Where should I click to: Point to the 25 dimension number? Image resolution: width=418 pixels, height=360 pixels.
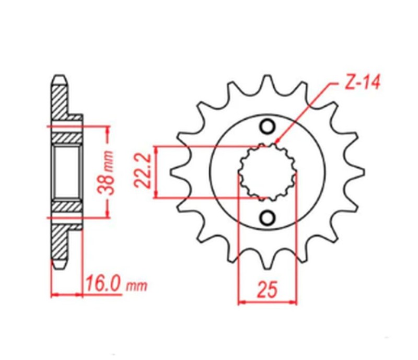pos(267,289)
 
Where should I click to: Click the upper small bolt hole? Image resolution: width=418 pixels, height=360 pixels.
pos(268,127)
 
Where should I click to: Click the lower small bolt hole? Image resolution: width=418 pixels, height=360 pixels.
pos(268,217)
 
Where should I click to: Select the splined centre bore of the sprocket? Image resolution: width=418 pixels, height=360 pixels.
pos(268,172)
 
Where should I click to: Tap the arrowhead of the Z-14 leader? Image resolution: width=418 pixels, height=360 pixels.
pos(276,141)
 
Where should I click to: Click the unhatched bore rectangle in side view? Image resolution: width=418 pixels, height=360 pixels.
pos(67,172)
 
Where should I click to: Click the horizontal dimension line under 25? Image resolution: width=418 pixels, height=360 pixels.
pos(267,301)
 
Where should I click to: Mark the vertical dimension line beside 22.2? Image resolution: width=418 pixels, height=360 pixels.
pos(155,172)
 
